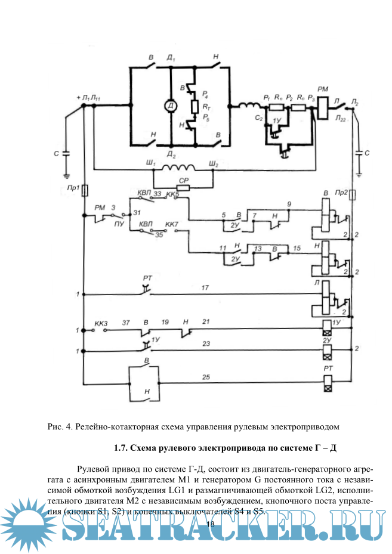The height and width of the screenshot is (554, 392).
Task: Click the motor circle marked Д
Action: (x=171, y=106)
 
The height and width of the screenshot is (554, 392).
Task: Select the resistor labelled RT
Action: (x=194, y=107)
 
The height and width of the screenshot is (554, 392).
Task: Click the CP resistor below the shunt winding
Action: (x=183, y=187)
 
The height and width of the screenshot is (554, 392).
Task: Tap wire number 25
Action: (x=206, y=376)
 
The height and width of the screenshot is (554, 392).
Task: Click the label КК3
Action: (x=101, y=323)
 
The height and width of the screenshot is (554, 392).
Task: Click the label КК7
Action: (x=173, y=224)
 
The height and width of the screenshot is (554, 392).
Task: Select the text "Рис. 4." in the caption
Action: (x=60, y=426)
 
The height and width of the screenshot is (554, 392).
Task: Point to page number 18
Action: (x=209, y=524)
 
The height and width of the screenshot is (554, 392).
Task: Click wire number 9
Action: (x=289, y=205)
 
